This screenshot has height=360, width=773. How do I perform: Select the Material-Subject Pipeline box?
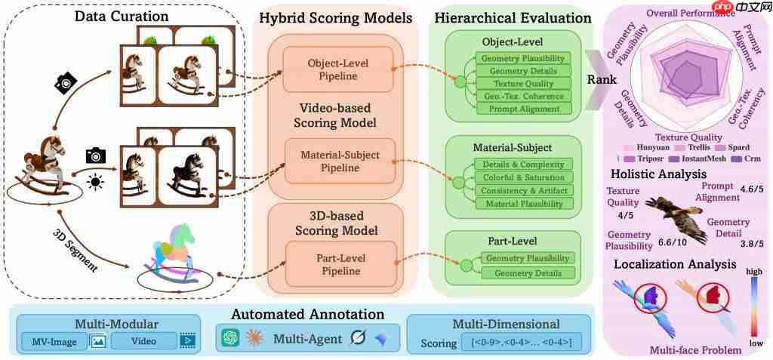pyautogui.click(x=339, y=161)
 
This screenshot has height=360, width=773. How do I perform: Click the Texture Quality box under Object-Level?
pyautogui.click(x=523, y=83)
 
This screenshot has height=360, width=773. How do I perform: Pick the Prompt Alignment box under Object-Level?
pyautogui.click(x=523, y=109)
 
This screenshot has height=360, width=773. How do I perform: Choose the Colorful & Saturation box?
pyautogui.click(x=523, y=177)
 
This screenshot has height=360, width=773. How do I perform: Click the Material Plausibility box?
pyautogui.click(x=523, y=203)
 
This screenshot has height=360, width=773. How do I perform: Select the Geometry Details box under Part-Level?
pyautogui.click(x=528, y=272)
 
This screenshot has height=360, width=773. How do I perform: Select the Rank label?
pyautogui.click(x=602, y=78)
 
